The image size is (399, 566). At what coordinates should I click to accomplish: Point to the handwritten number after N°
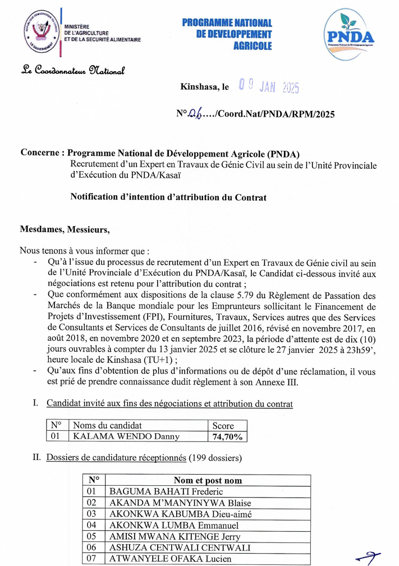pyautogui.click(x=195, y=114)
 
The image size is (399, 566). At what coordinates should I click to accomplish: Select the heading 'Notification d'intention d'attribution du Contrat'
pyautogui.click(x=168, y=197)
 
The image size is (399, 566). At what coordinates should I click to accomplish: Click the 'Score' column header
pyautogui.click(x=223, y=426)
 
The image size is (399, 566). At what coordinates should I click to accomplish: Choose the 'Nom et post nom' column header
pyautogui.click(x=208, y=480)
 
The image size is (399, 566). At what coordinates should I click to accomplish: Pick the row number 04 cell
pyautogui.click(x=93, y=525)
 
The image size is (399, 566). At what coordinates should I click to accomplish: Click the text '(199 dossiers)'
pyautogui.click(x=215, y=458)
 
